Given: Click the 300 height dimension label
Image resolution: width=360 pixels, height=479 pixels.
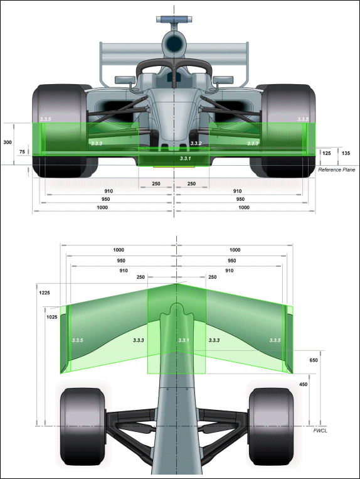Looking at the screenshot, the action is coord(8,143).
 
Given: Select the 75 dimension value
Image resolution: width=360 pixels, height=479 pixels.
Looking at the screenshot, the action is coord(22,152).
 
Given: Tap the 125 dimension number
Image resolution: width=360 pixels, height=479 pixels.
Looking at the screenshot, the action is coord(326,153).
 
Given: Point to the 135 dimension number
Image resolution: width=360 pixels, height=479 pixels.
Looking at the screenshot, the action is coord(346,153).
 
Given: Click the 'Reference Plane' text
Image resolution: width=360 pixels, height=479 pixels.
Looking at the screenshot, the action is coord(337,170).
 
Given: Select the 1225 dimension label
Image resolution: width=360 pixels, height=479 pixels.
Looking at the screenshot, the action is coord(45,293).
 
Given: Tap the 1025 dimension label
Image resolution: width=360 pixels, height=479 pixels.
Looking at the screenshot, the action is coord(52,317).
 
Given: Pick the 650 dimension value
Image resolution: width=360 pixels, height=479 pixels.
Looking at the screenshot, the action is coord(314,360).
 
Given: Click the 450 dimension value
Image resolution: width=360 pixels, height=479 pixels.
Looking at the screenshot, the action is coord(304,384).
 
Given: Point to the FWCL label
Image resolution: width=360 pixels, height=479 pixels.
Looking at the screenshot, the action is coord(320,431).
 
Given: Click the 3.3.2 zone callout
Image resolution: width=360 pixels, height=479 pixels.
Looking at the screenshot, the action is coord(196,143).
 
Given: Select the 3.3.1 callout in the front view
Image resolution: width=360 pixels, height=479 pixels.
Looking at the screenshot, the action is coord(185,158).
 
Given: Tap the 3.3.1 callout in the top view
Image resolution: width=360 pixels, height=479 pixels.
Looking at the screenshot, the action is coord(184,340).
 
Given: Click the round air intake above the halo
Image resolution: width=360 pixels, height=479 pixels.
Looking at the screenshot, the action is coord(174,43).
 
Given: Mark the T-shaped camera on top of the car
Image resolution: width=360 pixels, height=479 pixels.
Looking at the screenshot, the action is coord(174,21).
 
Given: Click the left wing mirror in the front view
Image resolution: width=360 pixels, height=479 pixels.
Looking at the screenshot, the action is coord(125,80).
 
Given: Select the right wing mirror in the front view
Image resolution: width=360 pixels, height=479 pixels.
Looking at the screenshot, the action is coord(223,80).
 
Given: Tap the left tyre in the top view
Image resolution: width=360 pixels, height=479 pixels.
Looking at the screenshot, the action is coord(83,426).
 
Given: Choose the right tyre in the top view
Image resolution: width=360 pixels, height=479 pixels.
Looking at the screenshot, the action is coord(271,426).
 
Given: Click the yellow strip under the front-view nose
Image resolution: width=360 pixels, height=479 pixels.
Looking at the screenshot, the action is coord(174,167).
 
